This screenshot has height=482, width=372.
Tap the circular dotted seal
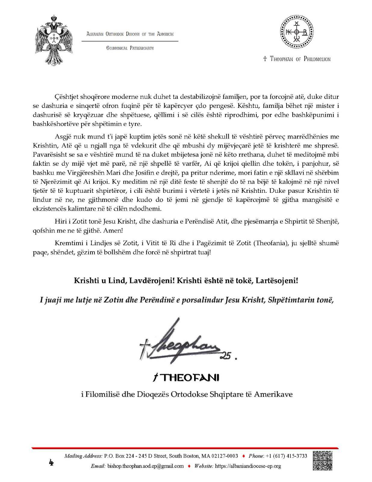coord(297,32)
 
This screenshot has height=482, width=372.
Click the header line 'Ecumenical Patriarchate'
coord(130,48)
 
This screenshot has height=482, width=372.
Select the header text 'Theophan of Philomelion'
coord(297,59)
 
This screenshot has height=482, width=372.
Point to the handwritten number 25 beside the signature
coord(225,356)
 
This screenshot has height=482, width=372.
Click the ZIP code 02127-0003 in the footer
coord(226,456)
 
